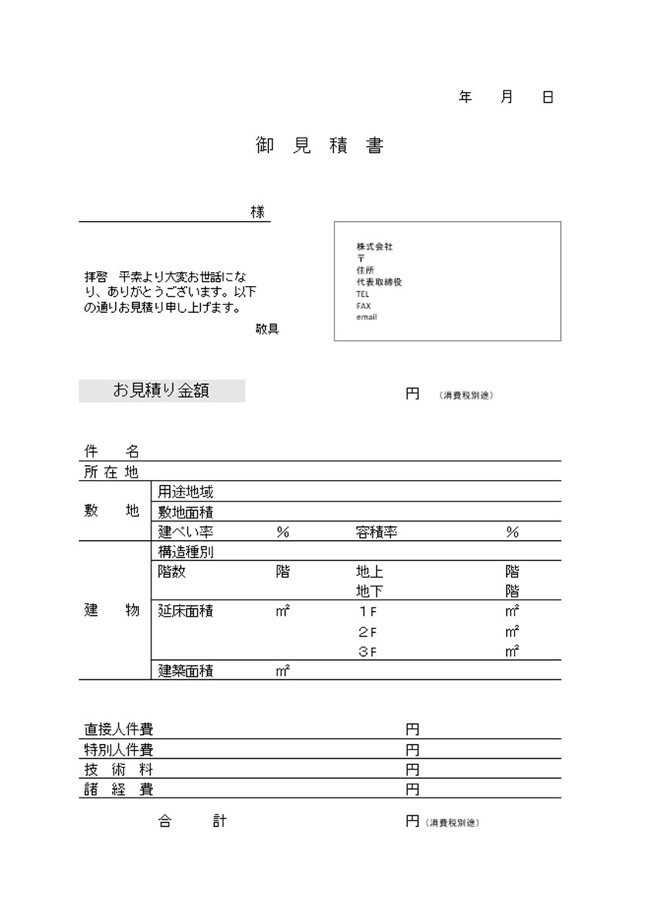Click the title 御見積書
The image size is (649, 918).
(319, 145)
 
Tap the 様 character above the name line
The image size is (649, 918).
(257, 212)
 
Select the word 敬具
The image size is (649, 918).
(267, 329)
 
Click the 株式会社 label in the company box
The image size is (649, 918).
(375, 246)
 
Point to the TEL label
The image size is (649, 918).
(363, 294)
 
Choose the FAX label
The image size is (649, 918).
(364, 306)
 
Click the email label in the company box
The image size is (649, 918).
(367, 318)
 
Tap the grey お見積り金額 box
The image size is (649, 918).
(161, 391)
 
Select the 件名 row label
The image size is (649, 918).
(111, 453)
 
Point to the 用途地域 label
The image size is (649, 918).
(186, 491)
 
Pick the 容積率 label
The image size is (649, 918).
(377, 532)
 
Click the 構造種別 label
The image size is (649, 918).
(186, 552)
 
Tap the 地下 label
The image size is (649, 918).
(369, 592)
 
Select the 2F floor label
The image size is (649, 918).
(367, 631)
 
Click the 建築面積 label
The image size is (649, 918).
(186, 671)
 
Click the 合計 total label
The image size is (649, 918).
(192, 821)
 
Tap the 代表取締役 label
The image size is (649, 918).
(379, 283)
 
